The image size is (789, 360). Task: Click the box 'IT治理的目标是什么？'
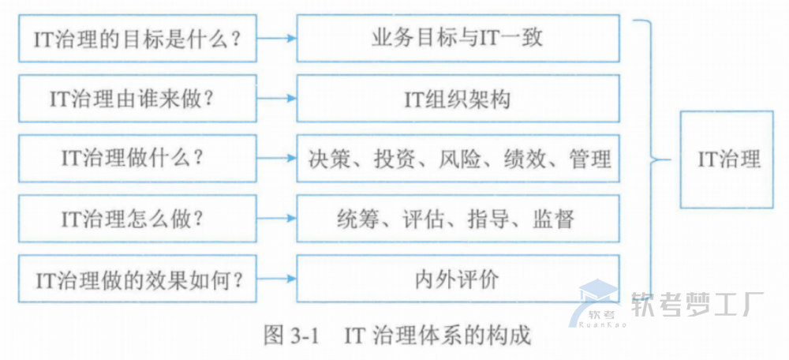[137, 38]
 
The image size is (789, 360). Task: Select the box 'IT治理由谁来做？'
[137, 99]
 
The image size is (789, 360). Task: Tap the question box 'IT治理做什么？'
[137, 158]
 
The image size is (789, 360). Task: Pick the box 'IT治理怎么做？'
[137, 218]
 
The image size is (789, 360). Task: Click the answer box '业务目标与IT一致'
[457, 38]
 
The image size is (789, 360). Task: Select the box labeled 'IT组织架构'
[457, 99]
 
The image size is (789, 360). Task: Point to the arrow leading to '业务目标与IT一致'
[277, 38]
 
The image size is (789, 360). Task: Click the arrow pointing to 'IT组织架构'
[277, 99]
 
